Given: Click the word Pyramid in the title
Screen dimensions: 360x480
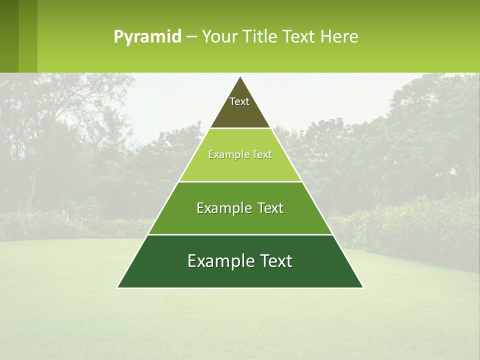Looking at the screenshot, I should point(147,37).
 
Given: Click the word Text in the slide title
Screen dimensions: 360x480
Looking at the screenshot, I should point(299,36).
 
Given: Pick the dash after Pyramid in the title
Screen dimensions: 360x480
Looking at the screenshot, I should point(191,37).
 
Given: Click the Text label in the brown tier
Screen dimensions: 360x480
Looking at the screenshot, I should point(239,101).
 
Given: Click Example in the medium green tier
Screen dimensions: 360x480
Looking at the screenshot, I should point(223,208).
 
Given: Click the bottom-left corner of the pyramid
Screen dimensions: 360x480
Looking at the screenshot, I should point(117,287).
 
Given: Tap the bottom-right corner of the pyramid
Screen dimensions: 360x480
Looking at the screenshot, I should point(363,287).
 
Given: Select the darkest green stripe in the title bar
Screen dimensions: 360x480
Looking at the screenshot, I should point(9,36).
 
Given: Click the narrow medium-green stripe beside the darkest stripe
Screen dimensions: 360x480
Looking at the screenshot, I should point(28,36).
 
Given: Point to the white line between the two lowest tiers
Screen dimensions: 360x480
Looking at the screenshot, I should point(240,234).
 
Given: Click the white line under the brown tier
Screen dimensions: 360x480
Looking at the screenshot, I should point(240,128).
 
